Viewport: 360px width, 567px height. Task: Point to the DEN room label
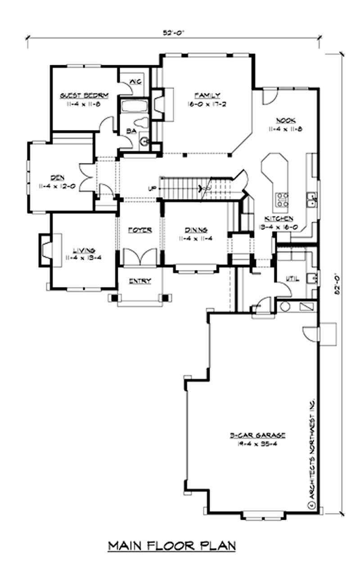click(57, 177)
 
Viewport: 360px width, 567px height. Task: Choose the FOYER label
click(140, 230)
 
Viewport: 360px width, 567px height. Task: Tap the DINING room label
click(194, 230)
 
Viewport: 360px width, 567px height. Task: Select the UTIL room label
click(292, 279)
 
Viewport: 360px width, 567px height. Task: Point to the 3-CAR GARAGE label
click(258, 435)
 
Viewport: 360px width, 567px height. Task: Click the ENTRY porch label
click(140, 281)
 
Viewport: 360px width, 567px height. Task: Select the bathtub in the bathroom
click(135, 107)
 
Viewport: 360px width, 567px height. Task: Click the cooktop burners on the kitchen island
click(282, 199)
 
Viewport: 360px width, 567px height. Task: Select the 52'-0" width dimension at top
click(174, 32)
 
